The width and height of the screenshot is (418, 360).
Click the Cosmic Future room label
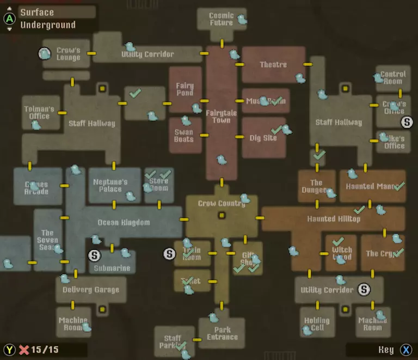point(221,19)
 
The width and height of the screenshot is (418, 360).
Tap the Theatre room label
point(273,64)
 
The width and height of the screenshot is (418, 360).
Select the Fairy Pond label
point(185,89)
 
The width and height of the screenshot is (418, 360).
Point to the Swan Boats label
point(183,136)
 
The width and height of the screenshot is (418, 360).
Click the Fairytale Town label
point(221,117)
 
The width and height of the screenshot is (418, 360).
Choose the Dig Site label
point(263,138)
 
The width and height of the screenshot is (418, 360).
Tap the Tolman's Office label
point(36,113)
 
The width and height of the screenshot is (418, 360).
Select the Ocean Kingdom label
point(124,222)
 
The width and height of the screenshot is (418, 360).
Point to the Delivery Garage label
point(90,290)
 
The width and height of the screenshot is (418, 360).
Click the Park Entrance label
point(222,333)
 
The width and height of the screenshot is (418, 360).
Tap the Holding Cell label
point(317,324)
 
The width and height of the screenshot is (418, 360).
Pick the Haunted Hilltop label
point(334,219)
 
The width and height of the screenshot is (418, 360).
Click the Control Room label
point(393,77)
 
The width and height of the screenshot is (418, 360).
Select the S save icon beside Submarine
point(95,255)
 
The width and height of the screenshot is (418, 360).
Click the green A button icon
point(9,19)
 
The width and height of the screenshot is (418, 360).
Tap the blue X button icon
point(406,350)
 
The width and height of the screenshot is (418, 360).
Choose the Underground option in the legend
point(48,25)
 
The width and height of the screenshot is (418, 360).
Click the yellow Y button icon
point(9,350)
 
